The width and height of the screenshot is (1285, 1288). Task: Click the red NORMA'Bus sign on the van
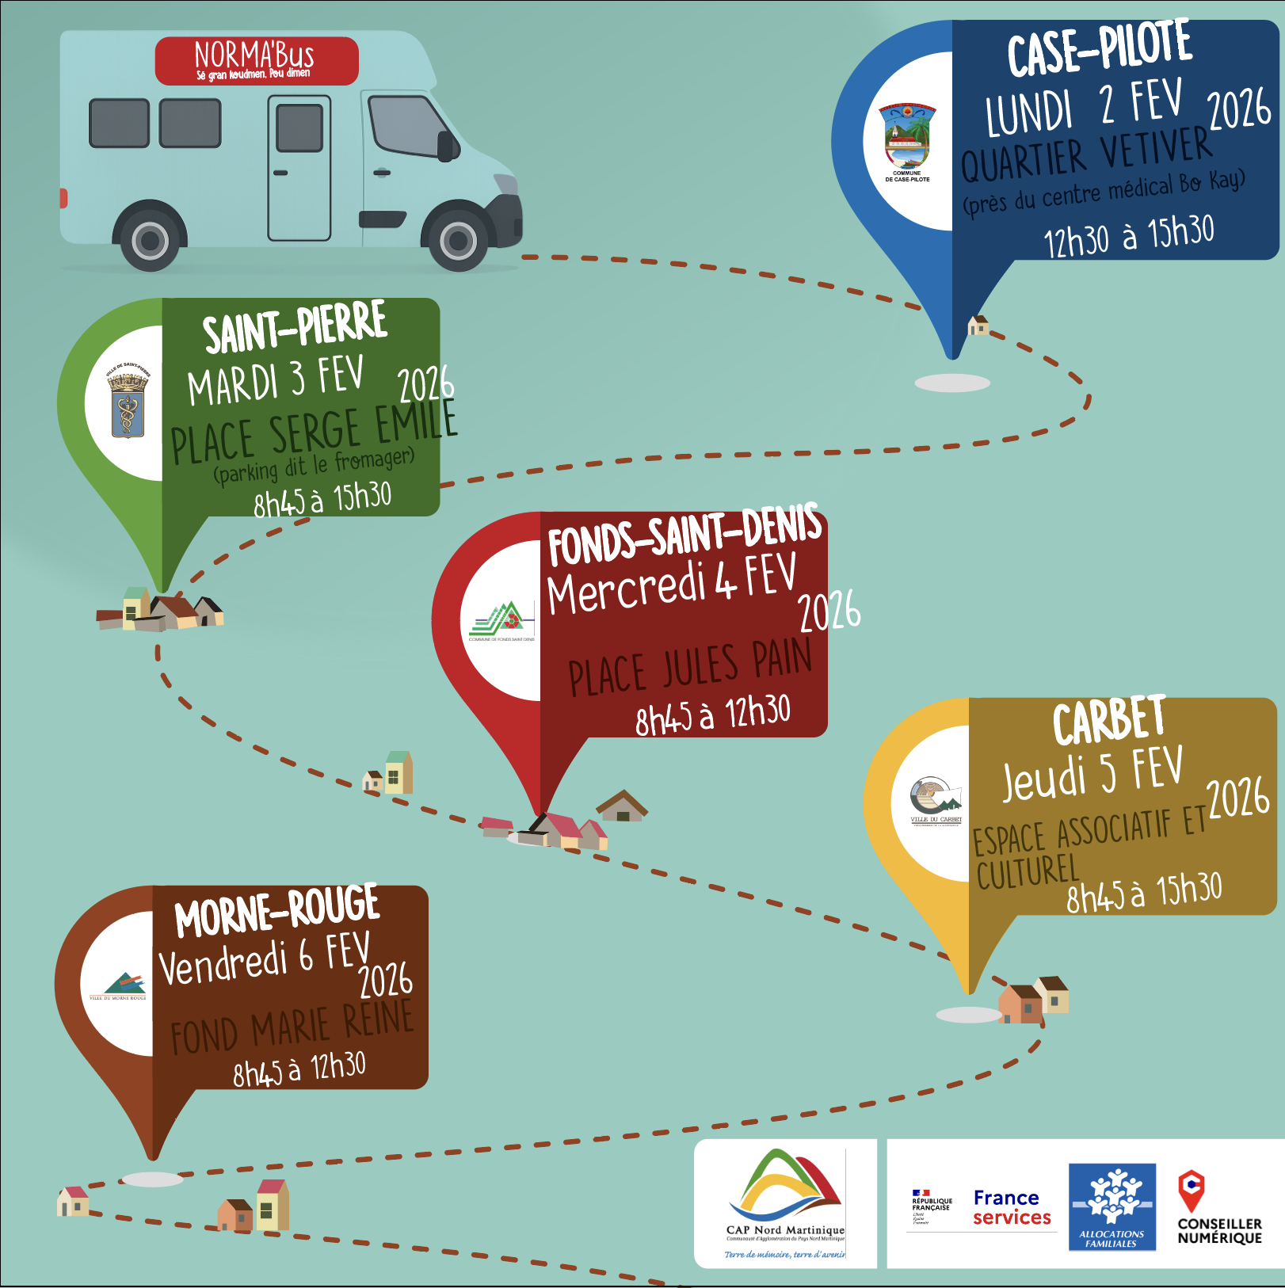(256, 60)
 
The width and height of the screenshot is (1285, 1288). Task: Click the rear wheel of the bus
(150, 240)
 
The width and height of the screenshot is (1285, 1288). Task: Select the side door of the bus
(299, 168)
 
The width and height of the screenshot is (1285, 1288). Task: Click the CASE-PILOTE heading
(1100, 50)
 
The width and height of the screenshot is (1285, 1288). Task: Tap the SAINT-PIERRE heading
(295, 327)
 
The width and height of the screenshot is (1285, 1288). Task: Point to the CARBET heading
(1108, 721)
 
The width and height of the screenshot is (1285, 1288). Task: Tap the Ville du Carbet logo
(935, 801)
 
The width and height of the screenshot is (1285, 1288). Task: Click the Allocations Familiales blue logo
(1112, 1206)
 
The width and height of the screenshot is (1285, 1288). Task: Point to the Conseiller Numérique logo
(1218, 1208)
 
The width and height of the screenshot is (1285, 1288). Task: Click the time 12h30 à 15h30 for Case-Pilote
(1128, 235)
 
